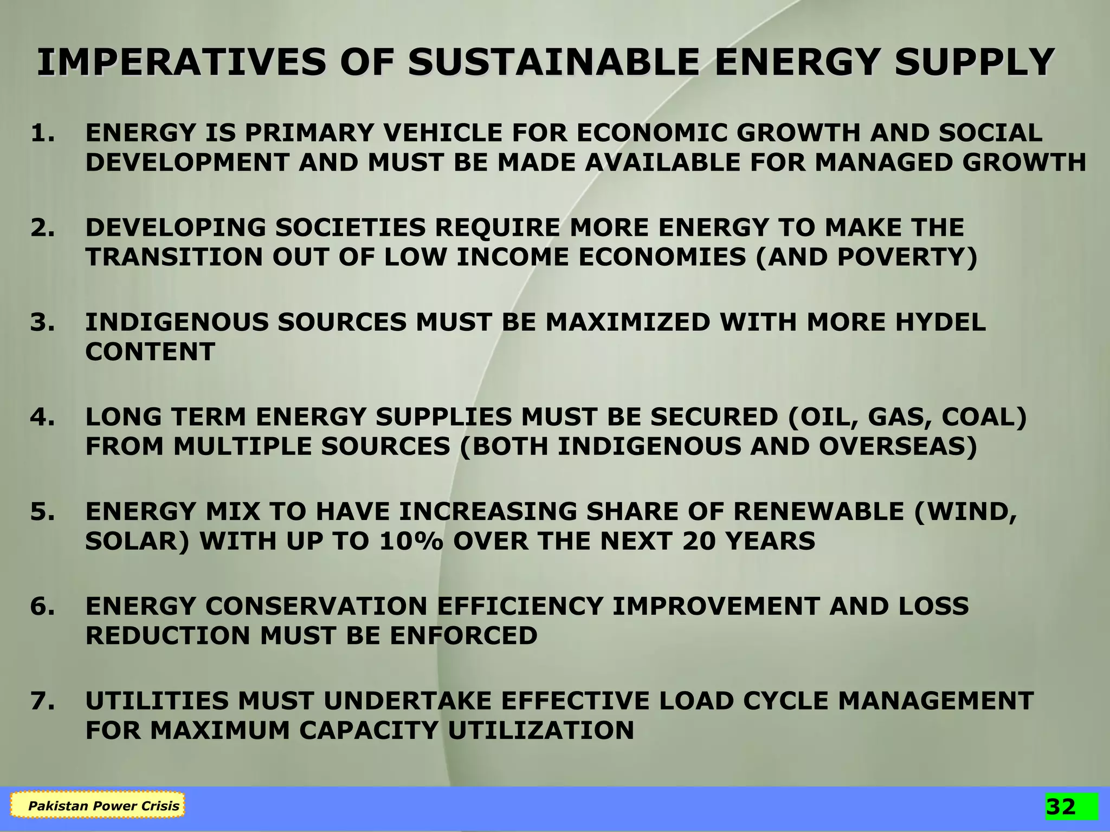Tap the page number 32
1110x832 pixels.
point(1061,807)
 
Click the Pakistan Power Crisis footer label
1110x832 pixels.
point(104,806)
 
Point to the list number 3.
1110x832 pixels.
point(42,323)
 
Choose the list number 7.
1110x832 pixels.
point(42,701)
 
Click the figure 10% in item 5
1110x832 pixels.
point(411,541)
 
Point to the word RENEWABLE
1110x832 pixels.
point(818,512)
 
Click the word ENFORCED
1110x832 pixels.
point(463,636)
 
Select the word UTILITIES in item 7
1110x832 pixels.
point(157,701)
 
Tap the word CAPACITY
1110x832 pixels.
point(369,731)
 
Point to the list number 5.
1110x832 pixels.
point(42,512)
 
